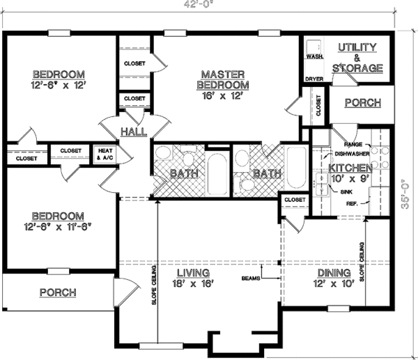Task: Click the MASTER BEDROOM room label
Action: point(223,79)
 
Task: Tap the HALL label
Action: point(134,132)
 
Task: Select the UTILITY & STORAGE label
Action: point(357,58)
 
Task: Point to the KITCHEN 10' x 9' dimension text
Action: point(350,178)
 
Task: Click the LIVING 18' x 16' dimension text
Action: point(194,283)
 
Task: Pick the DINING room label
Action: point(334,273)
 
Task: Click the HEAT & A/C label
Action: point(105,155)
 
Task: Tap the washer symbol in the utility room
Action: point(313,47)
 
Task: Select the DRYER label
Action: point(314,79)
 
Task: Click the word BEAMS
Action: point(251,279)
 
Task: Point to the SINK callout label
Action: point(346,192)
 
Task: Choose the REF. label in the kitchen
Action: point(352,203)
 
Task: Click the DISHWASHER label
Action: point(352,154)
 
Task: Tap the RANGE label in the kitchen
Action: point(353,144)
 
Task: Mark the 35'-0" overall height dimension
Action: point(405,194)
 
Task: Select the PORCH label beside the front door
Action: point(58,292)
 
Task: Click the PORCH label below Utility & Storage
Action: point(363,103)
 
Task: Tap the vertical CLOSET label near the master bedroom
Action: point(318,106)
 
